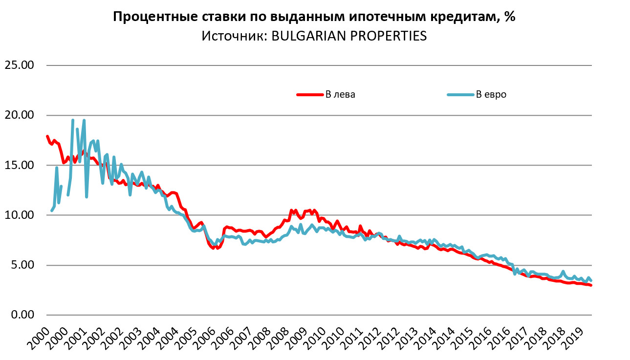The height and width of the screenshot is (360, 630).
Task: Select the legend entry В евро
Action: [491, 94]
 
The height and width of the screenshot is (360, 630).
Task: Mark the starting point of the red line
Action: [47, 136]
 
